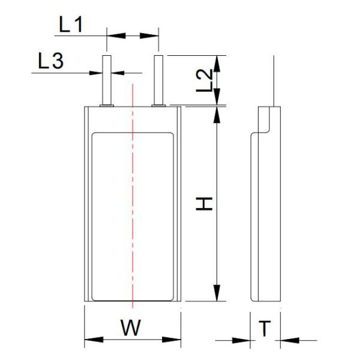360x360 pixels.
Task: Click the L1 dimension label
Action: [x=70, y=25]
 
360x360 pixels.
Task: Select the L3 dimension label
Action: [x=51, y=61]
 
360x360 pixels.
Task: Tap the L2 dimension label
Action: [x=205, y=80]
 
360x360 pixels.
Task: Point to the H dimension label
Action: [x=204, y=203]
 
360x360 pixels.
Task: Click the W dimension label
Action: [x=131, y=328]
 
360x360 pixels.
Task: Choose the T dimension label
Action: [x=265, y=328]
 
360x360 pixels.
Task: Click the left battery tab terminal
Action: [x=107, y=80]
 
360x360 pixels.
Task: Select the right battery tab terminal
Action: [x=158, y=80]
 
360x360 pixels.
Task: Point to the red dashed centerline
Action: [x=133, y=196]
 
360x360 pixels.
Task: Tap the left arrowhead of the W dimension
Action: [x=94, y=340]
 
